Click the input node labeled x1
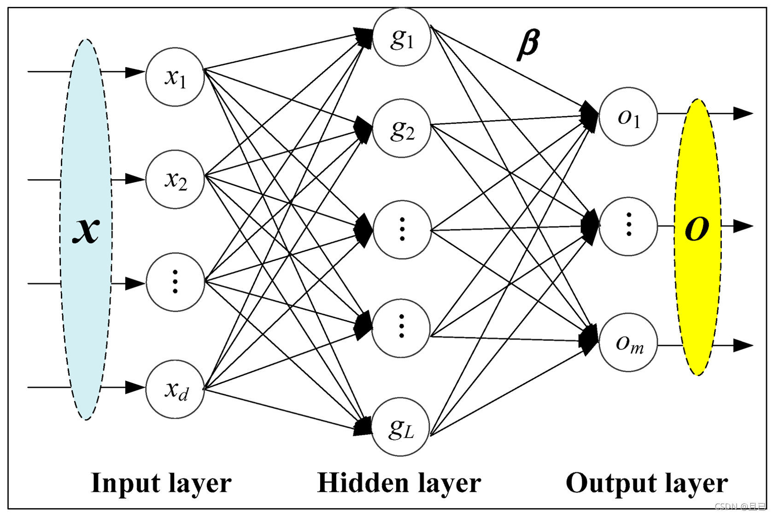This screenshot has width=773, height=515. (175, 77)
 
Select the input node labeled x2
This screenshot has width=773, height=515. (175, 179)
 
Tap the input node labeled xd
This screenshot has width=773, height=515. (175, 389)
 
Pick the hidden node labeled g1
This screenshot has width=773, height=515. (402, 36)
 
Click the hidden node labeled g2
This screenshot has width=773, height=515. (402, 129)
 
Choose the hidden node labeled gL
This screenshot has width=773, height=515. (401, 427)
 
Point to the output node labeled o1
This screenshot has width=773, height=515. (628, 117)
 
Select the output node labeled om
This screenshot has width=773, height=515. (628, 342)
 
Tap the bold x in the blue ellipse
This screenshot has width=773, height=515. (86, 230)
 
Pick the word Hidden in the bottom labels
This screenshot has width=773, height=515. (363, 483)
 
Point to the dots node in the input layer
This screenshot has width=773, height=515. (175, 282)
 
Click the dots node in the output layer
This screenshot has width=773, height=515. (628, 227)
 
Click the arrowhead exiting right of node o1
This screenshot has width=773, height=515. (744, 114)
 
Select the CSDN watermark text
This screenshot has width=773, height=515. (741, 506)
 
